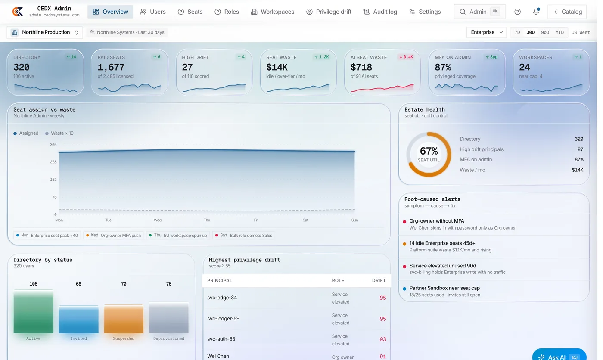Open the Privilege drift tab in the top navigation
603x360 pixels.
coord(329,12)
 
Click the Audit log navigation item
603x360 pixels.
coord(380,12)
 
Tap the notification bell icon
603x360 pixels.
coord(536,12)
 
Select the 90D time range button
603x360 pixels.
coord(545,32)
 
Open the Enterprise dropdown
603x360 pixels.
coord(487,32)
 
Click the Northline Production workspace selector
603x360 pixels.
coord(45,33)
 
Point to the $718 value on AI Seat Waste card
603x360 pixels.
coord(361,67)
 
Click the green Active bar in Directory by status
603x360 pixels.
coord(34,312)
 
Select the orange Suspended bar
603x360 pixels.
coord(124,319)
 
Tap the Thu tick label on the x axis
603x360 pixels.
coord(207,220)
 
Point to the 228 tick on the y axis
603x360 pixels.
coord(53,162)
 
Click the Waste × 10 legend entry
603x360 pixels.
coord(59,133)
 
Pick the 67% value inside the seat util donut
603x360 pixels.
coord(429,151)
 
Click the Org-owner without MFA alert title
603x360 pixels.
coord(437,221)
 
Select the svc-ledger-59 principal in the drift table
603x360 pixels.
coord(223,319)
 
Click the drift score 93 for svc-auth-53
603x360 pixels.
coord(382,340)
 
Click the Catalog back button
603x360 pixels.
coord(567,12)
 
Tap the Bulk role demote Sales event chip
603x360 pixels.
coord(244,236)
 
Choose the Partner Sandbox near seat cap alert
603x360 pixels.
coord(444,288)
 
